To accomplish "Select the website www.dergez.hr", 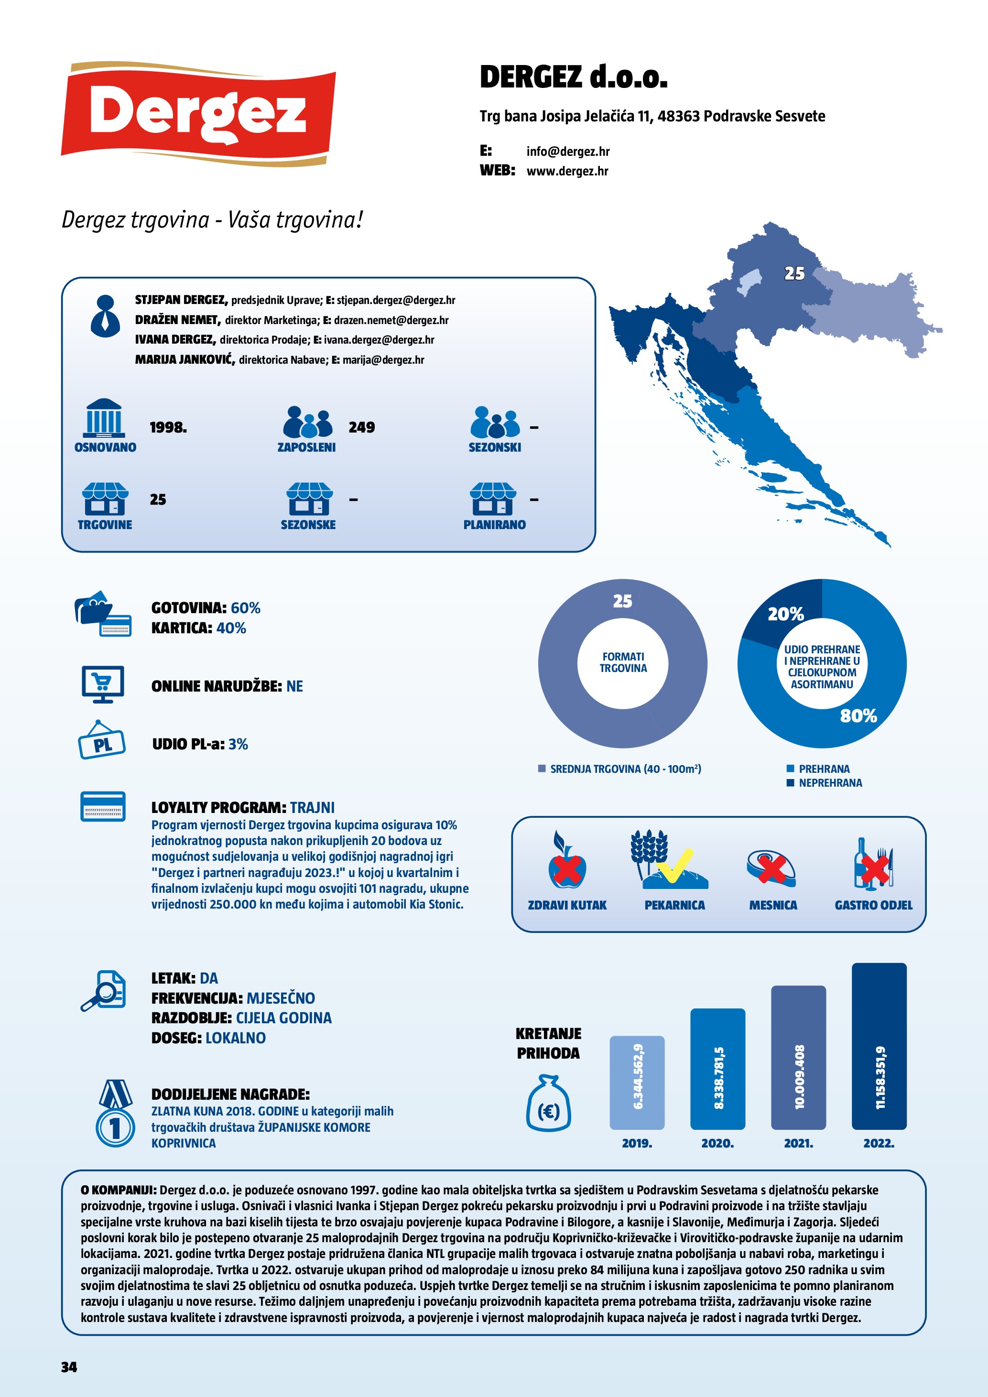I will pyautogui.click(x=567, y=171).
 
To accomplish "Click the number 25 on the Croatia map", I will pyautogui.click(x=794, y=274).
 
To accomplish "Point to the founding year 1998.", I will pyautogui.click(x=168, y=428).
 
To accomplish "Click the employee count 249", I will pyautogui.click(x=361, y=428).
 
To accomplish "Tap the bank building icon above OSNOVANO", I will pyautogui.click(x=104, y=418).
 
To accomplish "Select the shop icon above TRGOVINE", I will pyautogui.click(x=105, y=499).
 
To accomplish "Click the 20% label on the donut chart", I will pyautogui.click(x=785, y=615).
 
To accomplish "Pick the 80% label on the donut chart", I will pyautogui.click(x=858, y=716).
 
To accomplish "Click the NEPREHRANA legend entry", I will pyautogui.click(x=830, y=783).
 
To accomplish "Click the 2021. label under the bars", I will pyautogui.click(x=798, y=1143).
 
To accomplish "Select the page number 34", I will pyautogui.click(x=69, y=1366).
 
